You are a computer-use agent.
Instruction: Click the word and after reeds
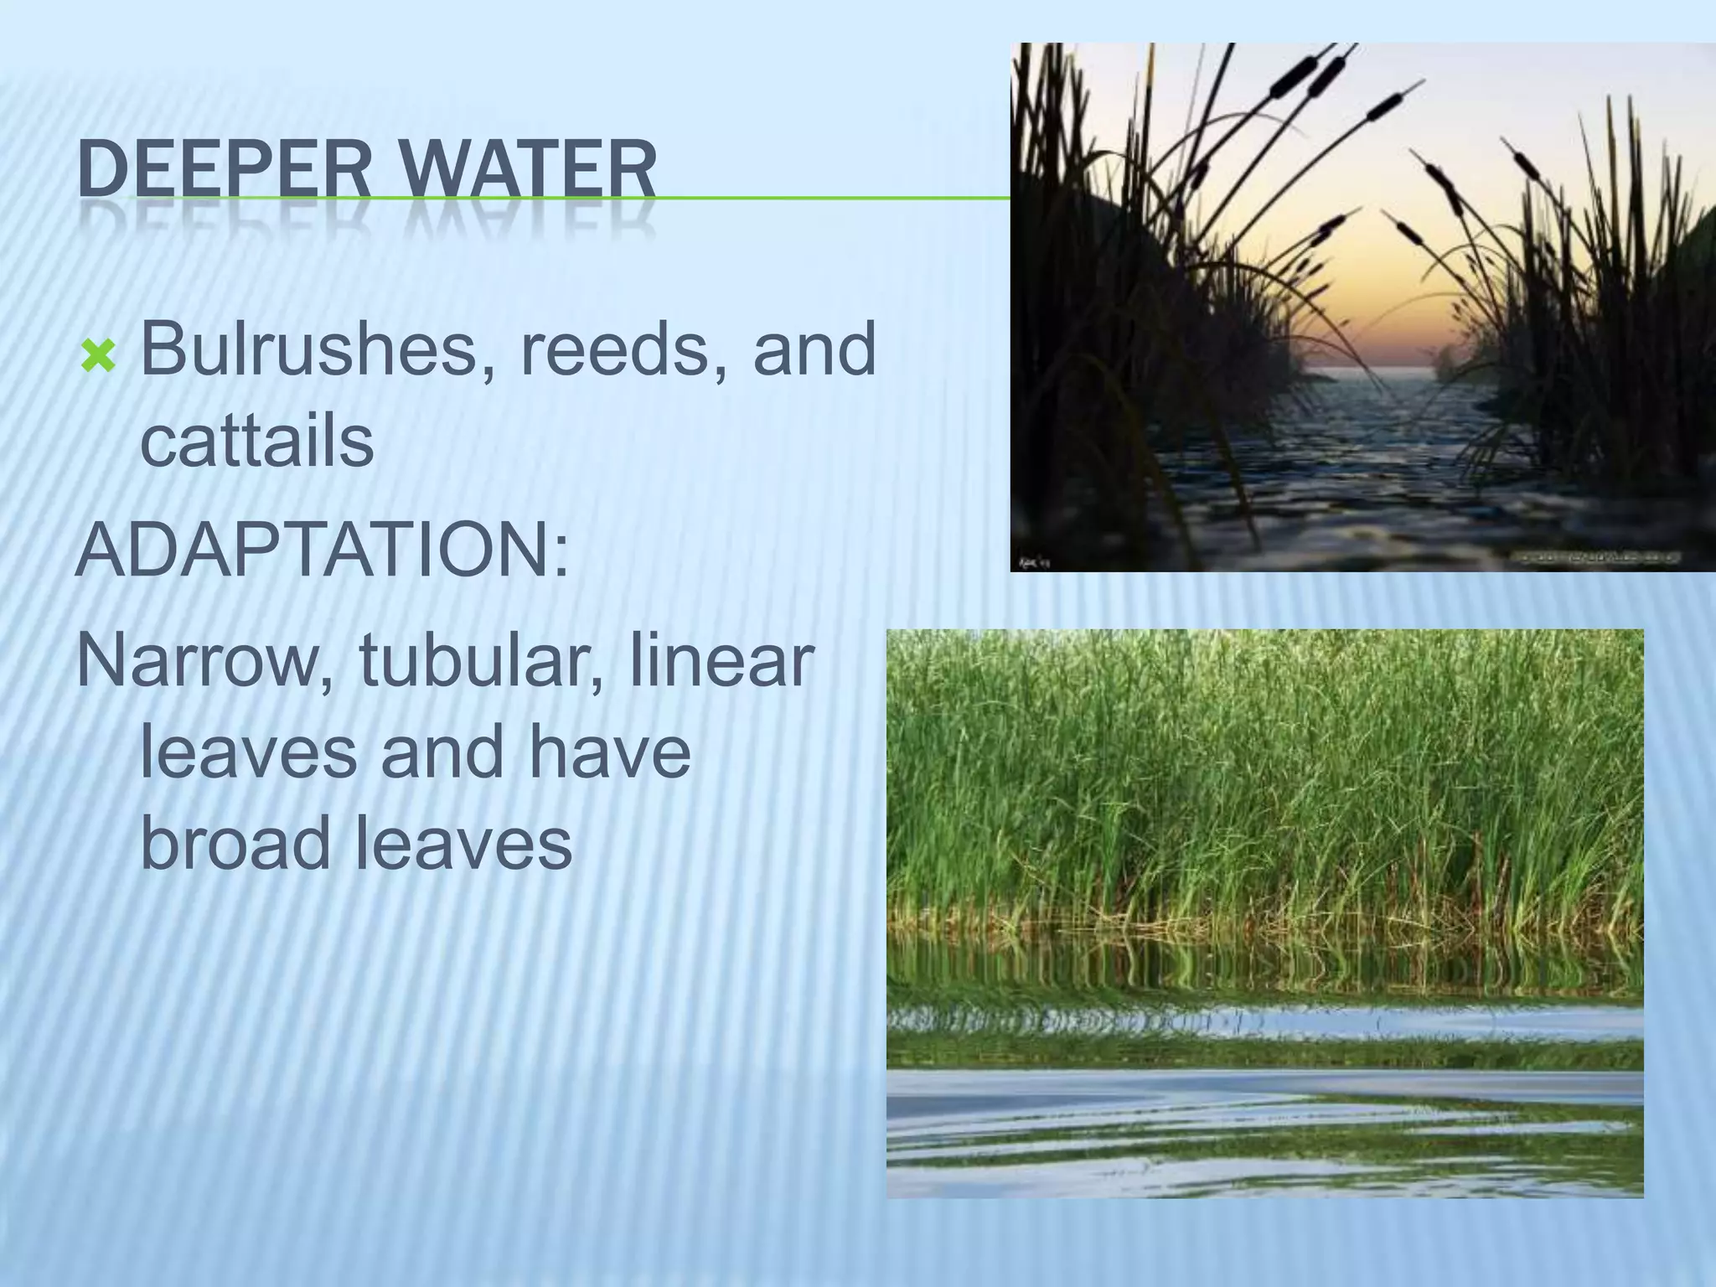pos(814,349)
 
